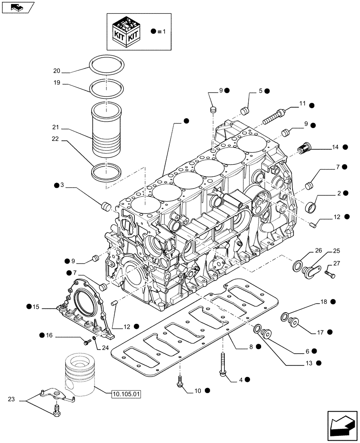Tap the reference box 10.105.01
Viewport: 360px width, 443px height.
(x=127, y=393)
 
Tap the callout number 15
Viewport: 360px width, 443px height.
(x=36, y=307)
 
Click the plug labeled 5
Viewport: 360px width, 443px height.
(x=244, y=110)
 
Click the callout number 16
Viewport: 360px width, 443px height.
(x=50, y=337)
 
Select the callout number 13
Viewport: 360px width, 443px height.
(x=306, y=363)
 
